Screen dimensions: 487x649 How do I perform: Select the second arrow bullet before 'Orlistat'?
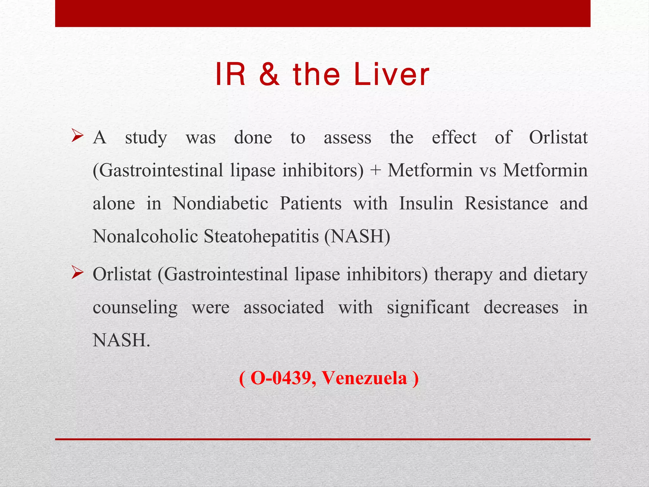[77, 273]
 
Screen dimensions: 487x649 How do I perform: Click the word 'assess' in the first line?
[347, 138]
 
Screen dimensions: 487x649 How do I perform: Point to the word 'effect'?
[454, 138]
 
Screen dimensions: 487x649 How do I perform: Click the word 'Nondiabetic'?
[220, 203]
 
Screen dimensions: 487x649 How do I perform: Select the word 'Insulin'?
[426, 203]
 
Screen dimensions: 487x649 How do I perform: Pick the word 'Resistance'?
[506, 203]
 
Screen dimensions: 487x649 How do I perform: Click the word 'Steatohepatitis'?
[261, 237]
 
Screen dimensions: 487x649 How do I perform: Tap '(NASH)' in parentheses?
[357, 237]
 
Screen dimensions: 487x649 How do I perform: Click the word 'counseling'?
[135, 308]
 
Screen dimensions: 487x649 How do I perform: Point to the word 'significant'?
[428, 308]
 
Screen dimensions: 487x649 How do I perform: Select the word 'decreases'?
[521, 308]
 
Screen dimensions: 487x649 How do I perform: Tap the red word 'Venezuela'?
[364, 378]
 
